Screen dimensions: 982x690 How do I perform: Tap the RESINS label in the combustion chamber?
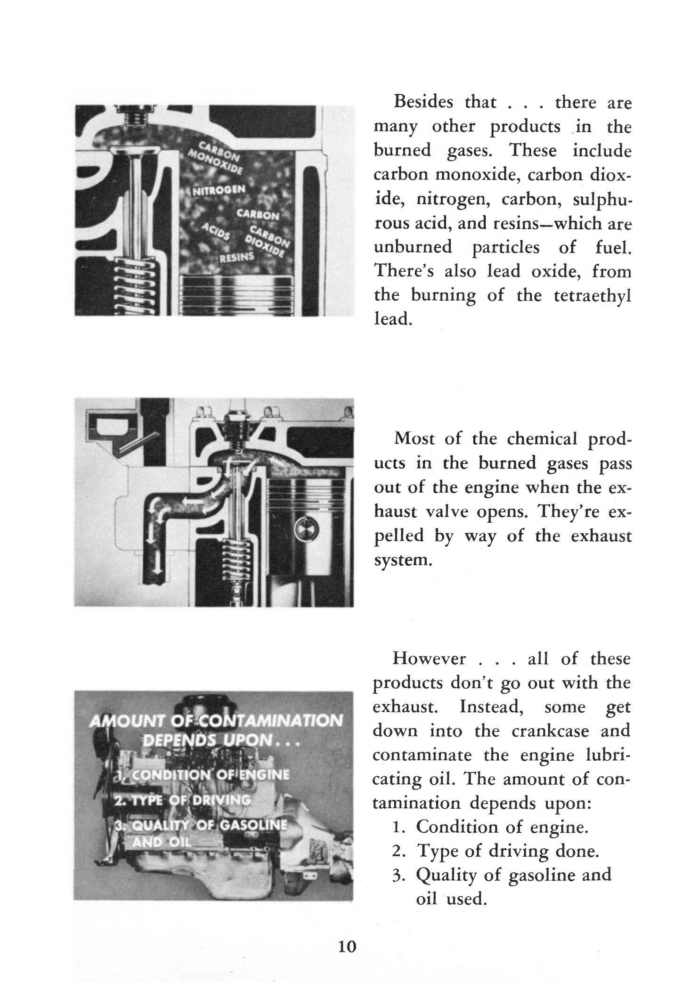point(238,256)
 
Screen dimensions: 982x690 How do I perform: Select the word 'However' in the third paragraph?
point(429,658)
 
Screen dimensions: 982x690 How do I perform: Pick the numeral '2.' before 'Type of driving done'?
point(397,851)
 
